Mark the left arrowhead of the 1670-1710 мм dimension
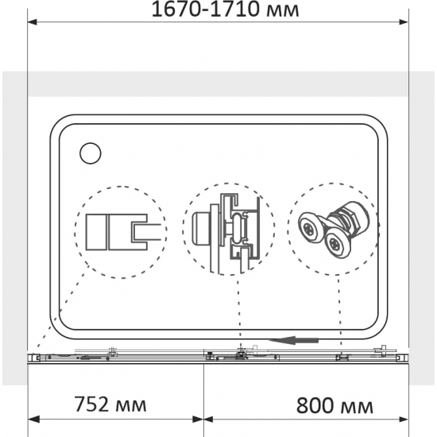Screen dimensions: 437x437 tap(33, 23)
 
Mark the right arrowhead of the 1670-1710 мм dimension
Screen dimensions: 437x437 tap(406, 23)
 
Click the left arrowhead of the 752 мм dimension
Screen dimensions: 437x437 tap(33, 419)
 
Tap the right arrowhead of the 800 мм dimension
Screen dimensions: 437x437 tap(406, 419)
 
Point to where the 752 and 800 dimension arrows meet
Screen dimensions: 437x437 tap(204, 419)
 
